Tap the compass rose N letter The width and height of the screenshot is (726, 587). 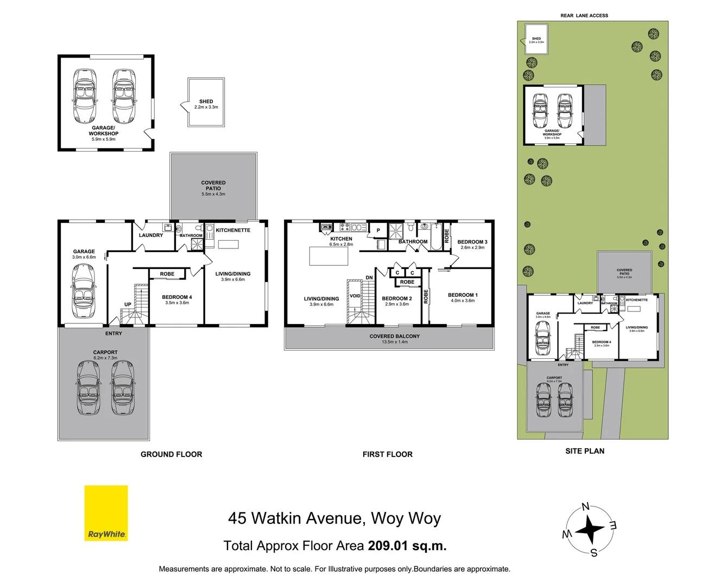point(585,507)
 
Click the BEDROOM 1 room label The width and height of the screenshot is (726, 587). point(462,295)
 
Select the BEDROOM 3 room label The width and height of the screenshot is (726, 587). point(472,242)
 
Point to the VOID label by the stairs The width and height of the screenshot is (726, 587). point(355,296)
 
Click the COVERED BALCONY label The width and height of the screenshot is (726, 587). point(394,336)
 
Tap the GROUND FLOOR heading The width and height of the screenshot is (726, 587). point(171,454)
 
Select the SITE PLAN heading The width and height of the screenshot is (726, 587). point(584,451)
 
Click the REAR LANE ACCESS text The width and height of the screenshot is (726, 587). point(584,16)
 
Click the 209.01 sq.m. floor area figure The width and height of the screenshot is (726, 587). point(407,546)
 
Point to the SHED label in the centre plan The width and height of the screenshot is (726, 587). point(206,102)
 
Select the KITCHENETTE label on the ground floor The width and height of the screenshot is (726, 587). point(233,230)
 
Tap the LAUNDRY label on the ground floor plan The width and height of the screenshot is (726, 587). point(150,235)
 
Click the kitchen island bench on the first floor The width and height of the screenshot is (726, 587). point(329,255)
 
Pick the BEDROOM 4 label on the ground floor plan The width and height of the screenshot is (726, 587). point(176,297)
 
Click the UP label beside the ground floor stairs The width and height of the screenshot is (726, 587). point(128,304)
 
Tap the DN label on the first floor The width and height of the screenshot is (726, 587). point(369,278)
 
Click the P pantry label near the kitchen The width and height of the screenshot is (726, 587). point(378,230)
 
